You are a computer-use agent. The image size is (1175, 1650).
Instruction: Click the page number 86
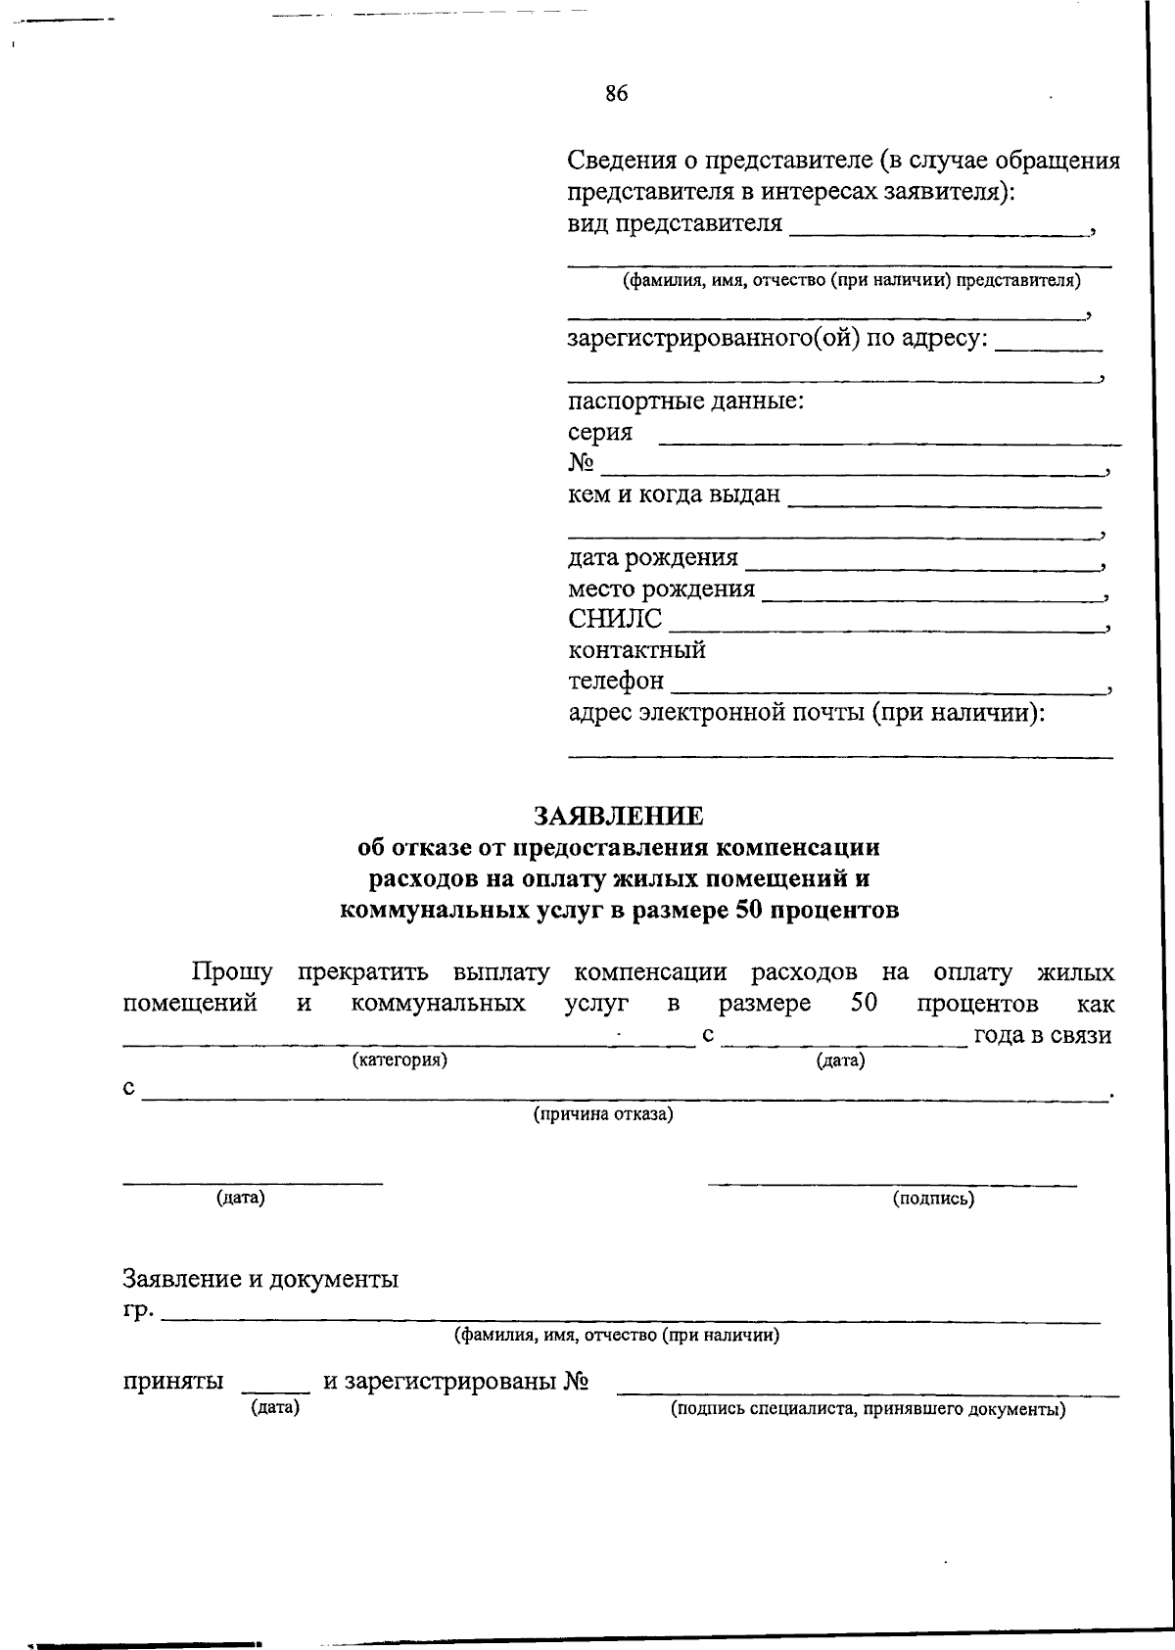pyautogui.click(x=616, y=94)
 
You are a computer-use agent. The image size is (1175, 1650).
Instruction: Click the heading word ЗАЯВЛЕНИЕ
pyautogui.click(x=618, y=816)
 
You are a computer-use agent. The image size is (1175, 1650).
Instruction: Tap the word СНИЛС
pyautogui.click(x=615, y=619)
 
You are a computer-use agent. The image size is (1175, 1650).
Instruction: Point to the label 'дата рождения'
pyautogui.click(x=653, y=557)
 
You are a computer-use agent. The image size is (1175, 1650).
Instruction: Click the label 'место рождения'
pyautogui.click(x=662, y=589)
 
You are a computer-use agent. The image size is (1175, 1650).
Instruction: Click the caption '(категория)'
pyautogui.click(x=399, y=1060)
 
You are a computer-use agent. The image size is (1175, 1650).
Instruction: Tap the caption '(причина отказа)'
pyautogui.click(x=603, y=1114)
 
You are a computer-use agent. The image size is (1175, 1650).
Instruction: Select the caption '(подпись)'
pyautogui.click(x=933, y=1198)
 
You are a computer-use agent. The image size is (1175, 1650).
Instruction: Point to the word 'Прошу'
pyautogui.click(x=232, y=972)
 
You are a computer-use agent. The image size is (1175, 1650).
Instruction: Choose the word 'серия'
pyautogui.click(x=600, y=432)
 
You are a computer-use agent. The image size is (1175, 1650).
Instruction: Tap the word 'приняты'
pyautogui.click(x=173, y=1382)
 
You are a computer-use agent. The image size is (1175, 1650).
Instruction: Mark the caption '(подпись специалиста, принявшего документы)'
pyautogui.click(x=868, y=1410)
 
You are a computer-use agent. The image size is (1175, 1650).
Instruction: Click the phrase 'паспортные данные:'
pyautogui.click(x=686, y=401)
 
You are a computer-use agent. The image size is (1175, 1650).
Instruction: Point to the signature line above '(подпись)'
pyautogui.click(x=892, y=1185)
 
